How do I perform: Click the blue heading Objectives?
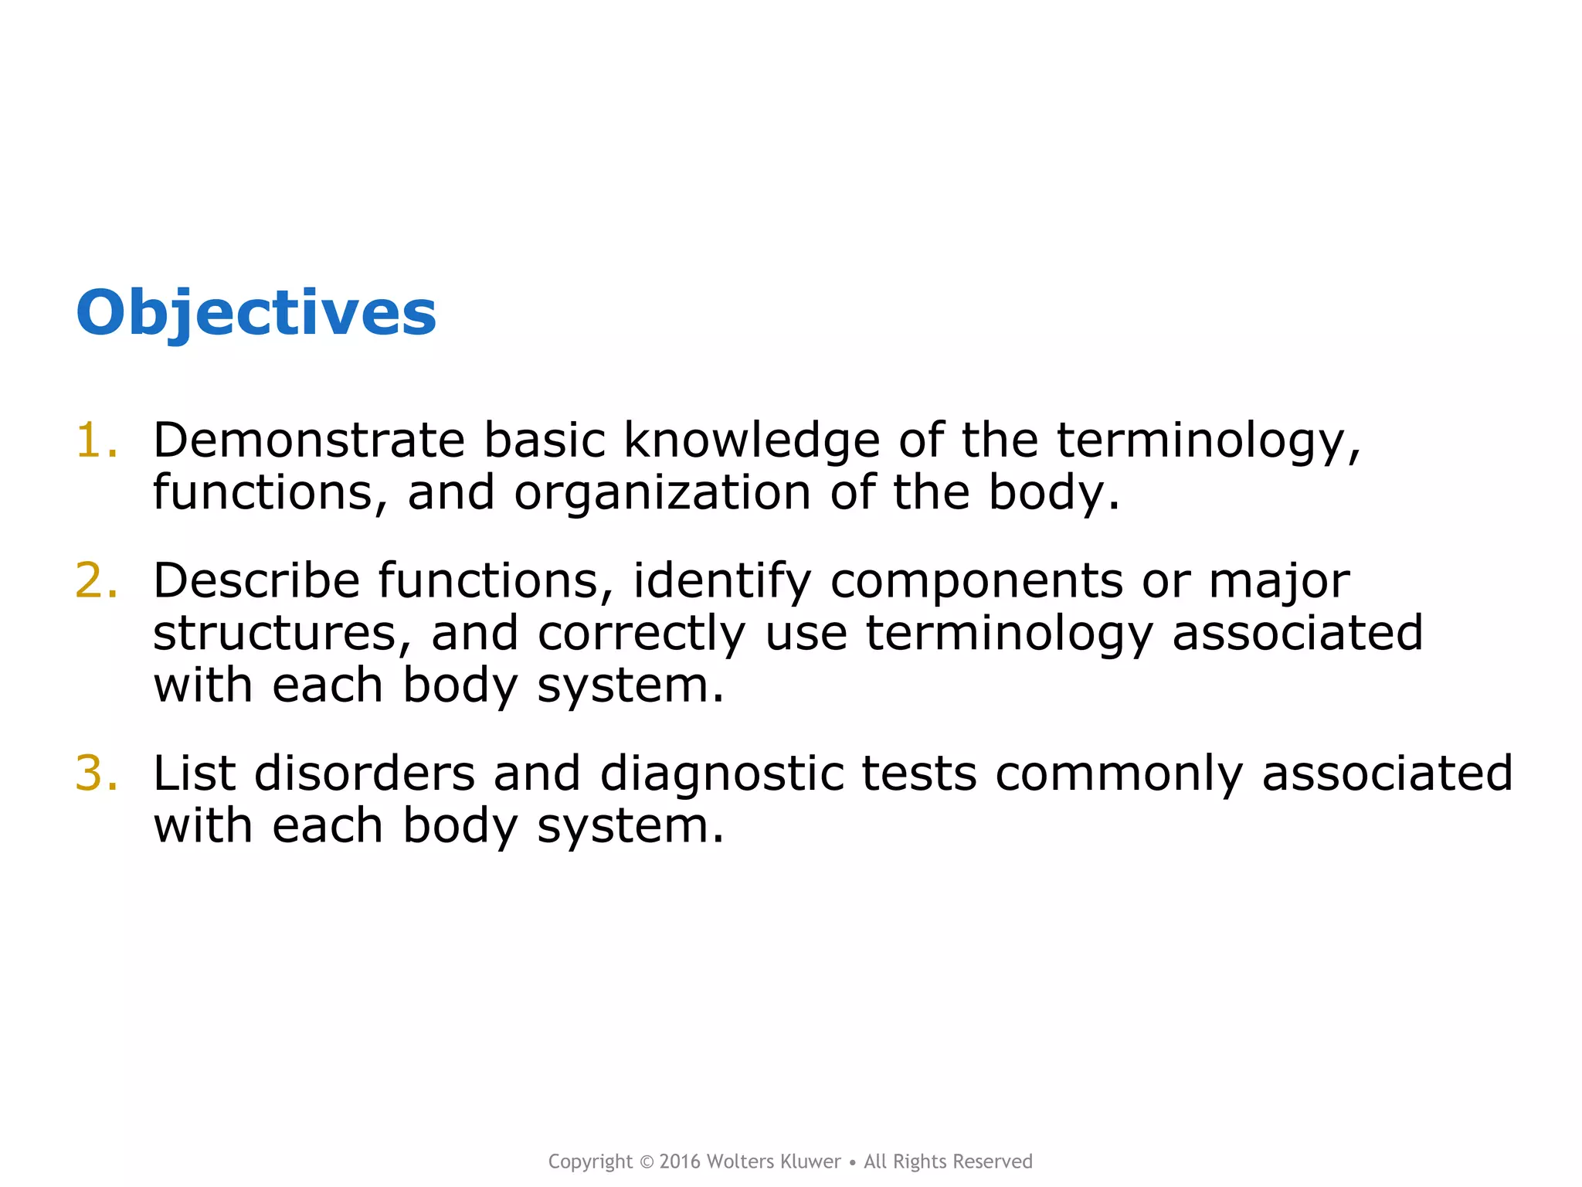tap(256, 313)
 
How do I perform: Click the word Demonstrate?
tap(308, 440)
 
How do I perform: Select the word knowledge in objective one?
tap(751, 442)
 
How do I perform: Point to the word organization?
tap(662, 494)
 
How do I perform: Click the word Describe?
tap(256, 580)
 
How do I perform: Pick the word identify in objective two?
tap(721, 582)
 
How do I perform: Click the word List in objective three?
tap(194, 773)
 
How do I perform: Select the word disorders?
tap(364, 773)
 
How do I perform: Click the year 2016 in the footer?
tap(680, 1161)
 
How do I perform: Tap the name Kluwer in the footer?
tap(810, 1161)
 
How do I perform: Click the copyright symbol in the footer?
tap(647, 1162)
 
